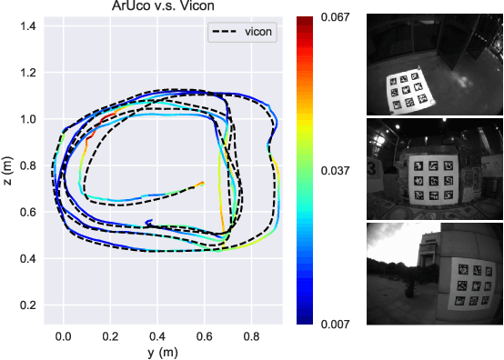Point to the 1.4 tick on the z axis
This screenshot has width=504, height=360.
tap(30, 25)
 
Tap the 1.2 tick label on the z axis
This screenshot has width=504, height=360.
tap(30, 73)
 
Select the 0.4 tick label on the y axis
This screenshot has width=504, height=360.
tap(158, 335)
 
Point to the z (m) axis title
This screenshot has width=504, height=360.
tap(8, 171)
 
